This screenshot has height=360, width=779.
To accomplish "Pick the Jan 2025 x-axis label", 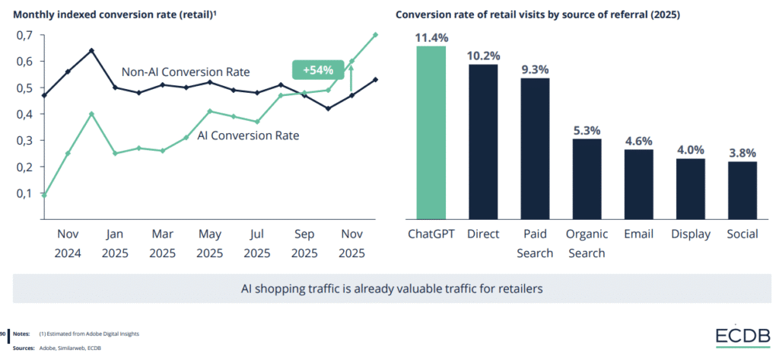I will pos(115,243).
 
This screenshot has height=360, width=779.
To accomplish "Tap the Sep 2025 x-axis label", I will pos(304,243).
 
